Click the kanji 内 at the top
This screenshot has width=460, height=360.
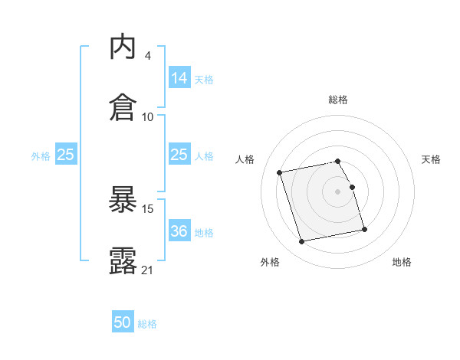tap(123, 48)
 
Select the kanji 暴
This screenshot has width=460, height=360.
tap(123, 201)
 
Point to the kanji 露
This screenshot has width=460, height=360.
tap(123, 260)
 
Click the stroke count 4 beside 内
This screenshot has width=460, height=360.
tap(147, 56)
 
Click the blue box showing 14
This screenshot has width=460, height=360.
tap(179, 78)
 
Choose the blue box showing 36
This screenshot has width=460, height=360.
tap(179, 231)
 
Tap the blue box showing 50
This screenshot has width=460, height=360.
tap(123, 322)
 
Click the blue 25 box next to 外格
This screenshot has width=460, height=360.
tap(66, 155)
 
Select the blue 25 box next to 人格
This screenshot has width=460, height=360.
tap(179, 155)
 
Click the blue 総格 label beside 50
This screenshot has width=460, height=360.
tap(147, 324)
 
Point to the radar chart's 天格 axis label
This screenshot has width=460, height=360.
tap(431, 159)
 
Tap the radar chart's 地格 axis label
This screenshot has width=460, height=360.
tap(402, 262)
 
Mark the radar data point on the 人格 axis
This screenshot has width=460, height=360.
tap(280, 172)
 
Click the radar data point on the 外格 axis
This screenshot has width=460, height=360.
tap(302, 242)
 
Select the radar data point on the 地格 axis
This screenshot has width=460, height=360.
tap(364, 229)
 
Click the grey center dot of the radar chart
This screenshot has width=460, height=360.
tap(337, 191)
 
